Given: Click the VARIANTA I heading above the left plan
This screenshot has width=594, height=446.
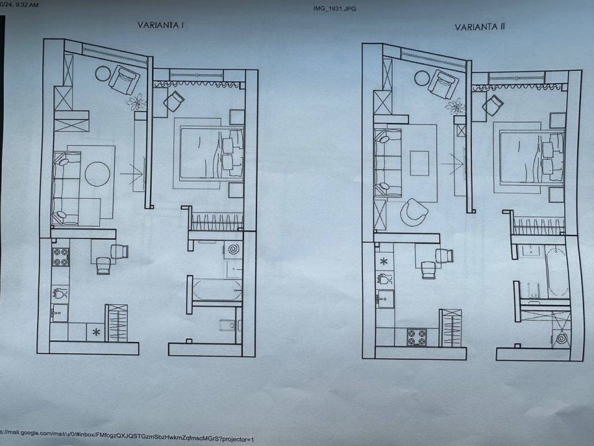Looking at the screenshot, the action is click(160, 25).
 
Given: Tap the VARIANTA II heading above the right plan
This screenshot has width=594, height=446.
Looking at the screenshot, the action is click(479, 27).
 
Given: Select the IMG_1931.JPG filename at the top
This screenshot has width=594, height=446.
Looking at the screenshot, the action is click(334, 8).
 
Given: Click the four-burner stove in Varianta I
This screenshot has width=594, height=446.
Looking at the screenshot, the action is click(61, 257).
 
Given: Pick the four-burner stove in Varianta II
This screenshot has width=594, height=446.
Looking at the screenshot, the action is click(417, 337).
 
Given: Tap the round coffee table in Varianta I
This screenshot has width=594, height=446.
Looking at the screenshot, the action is click(97, 174).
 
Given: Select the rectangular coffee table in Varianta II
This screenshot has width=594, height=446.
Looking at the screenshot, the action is click(419, 163).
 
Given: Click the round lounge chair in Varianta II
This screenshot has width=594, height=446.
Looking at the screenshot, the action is click(414, 212).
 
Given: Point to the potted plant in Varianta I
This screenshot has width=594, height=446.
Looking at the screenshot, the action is click(136, 102).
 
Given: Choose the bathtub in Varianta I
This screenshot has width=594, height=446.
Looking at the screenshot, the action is click(217, 290).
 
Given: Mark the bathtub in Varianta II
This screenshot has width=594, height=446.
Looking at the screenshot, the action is click(557, 272).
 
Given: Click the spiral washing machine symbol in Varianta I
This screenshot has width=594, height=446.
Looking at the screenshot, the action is click(234, 250).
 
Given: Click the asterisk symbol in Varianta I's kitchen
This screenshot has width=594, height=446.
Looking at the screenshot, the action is click(96, 332).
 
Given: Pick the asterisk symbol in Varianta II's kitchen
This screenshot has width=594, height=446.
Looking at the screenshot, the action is click(384, 261).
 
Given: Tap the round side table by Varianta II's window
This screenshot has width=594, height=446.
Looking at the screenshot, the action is click(422, 79).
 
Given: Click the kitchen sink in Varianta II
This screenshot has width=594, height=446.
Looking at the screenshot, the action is click(385, 299).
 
